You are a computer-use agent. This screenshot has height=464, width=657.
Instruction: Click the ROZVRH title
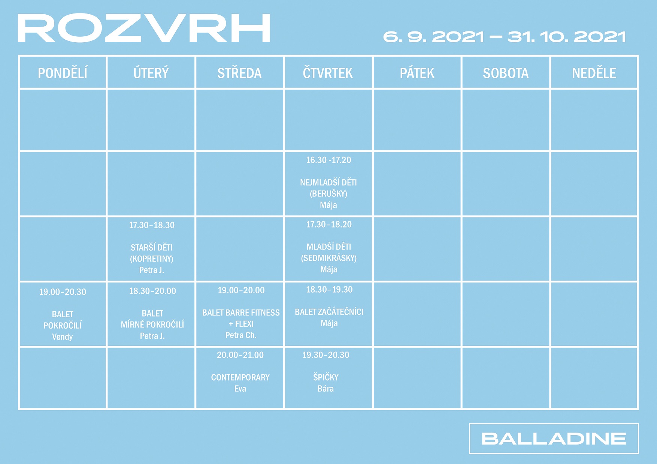click(x=144, y=28)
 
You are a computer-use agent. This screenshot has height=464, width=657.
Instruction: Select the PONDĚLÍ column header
click(x=63, y=73)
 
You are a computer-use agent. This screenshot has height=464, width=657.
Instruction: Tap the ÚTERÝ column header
click(x=151, y=73)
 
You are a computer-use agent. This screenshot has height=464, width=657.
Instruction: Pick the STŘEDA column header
click(x=239, y=73)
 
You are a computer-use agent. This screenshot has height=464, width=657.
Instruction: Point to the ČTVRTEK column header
click(x=328, y=73)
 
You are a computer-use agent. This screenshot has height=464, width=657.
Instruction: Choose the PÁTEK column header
click(x=417, y=73)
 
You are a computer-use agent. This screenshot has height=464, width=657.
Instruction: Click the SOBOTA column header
click(x=506, y=73)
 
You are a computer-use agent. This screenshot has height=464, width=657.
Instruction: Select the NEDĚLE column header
click(x=594, y=73)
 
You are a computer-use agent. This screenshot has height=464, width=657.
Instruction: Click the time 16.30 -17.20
click(x=328, y=160)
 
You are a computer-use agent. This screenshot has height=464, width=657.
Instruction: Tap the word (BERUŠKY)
click(x=328, y=194)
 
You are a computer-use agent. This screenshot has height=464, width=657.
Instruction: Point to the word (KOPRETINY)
click(x=152, y=259)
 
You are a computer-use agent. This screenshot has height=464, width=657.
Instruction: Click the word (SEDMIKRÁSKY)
click(x=329, y=258)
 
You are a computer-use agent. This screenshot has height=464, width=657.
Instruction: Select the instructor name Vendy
click(x=63, y=337)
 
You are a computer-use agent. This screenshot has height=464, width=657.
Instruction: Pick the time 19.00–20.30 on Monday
click(x=63, y=292)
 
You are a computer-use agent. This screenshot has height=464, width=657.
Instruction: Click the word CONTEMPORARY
click(x=240, y=377)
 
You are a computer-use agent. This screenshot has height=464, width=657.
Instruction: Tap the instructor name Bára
click(x=326, y=388)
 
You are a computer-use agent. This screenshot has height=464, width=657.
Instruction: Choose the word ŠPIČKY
click(x=326, y=377)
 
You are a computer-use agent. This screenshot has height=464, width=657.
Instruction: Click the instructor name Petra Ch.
click(x=241, y=335)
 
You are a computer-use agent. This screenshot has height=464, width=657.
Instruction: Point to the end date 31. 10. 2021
click(x=567, y=37)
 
